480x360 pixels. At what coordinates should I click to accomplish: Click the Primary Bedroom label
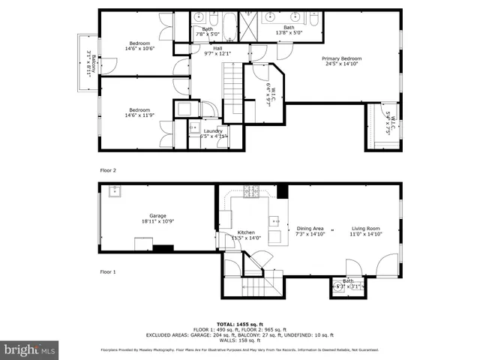[342, 58]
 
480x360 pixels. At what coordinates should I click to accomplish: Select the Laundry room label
[213, 131]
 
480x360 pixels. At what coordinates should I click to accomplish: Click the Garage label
[157, 215]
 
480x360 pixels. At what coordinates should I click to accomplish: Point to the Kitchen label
[246, 232]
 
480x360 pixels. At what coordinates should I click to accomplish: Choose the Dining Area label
[310, 228]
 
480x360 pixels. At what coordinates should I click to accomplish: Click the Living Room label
[367, 228]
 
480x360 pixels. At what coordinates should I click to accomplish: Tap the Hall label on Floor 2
[217, 48]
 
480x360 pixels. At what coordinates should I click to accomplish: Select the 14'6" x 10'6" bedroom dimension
[139, 49]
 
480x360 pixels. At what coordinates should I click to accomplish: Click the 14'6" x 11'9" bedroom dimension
[139, 115]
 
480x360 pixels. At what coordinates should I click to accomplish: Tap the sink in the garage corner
[115, 190]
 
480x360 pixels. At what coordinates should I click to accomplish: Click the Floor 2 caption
[109, 171]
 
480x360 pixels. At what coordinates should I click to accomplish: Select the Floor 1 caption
[109, 271]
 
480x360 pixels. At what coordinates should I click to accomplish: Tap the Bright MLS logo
[29, 349]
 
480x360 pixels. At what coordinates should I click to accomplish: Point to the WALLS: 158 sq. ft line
[239, 340]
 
